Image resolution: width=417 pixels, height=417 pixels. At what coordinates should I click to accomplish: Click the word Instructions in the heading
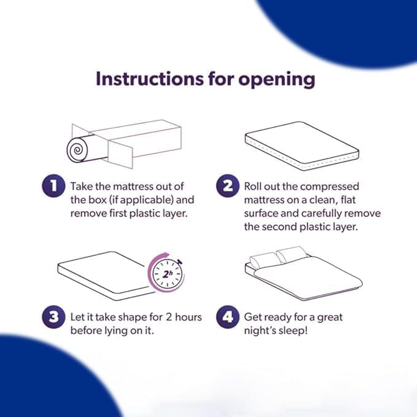pos(149,79)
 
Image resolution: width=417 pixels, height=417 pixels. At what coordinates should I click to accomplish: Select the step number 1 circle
pos(53,185)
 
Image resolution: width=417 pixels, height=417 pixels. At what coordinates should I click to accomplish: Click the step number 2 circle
pos(227,185)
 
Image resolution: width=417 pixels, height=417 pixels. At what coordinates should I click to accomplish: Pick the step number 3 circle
pos(53,317)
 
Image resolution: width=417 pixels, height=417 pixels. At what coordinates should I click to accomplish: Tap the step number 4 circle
pos(227,317)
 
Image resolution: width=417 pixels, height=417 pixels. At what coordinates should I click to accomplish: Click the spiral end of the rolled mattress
pos(77,150)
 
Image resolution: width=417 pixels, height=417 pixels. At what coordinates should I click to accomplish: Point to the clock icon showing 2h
pos(167,273)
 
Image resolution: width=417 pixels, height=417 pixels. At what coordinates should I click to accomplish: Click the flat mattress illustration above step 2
pos(302,146)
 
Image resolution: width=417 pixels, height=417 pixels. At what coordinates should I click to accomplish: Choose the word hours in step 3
pos(189,317)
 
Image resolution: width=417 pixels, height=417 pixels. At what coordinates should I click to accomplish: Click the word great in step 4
pos(330,318)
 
